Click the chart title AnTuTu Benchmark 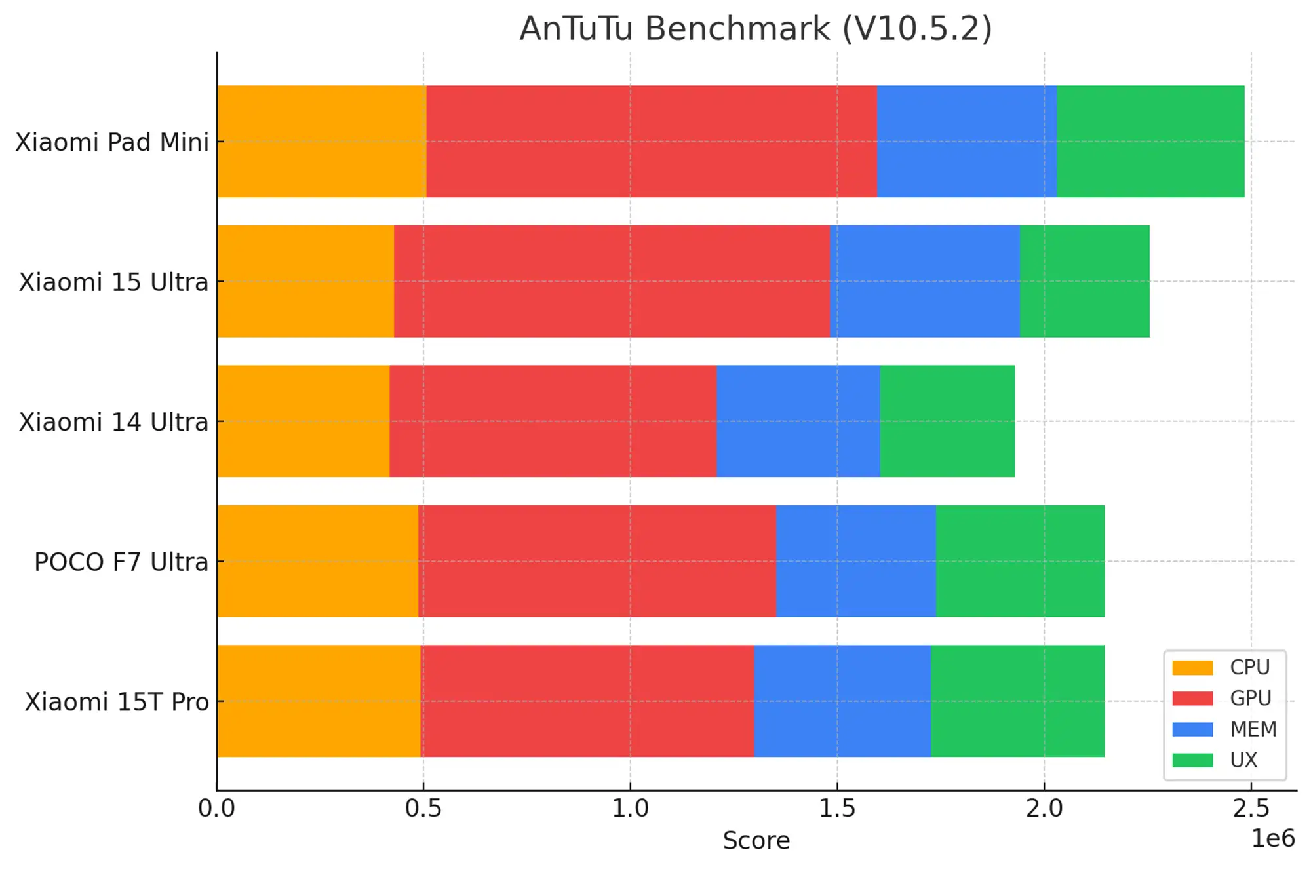pyautogui.click(x=755, y=29)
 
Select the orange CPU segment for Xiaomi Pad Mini pyautogui.click(x=321, y=141)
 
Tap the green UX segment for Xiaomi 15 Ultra pyautogui.click(x=1084, y=281)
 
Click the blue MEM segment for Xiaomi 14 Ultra pyautogui.click(x=798, y=421)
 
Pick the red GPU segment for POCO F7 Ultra pyautogui.click(x=597, y=561)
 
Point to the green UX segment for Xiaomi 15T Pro pyautogui.click(x=1017, y=701)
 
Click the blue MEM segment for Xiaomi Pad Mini pyautogui.click(x=966, y=141)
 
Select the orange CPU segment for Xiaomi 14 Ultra pyautogui.click(x=303, y=421)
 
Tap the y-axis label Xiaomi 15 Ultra pyautogui.click(x=113, y=282)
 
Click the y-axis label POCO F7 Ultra pyautogui.click(x=121, y=562)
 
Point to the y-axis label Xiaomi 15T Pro pyautogui.click(x=117, y=702)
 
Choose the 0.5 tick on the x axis pyautogui.click(x=423, y=809)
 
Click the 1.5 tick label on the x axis pyautogui.click(x=837, y=809)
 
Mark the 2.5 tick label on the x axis pyautogui.click(x=1251, y=809)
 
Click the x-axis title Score pyautogui.click(x=756, y=841)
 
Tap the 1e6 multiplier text pyautogui.click(x=1272, y=839)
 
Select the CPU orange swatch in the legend pyautogui.click(x=1192, y=667)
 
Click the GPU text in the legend pyautogui.click(x=1250, y=698)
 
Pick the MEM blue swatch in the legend pyautogui.click(x=1192, y=729)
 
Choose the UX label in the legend pyautogui.click(x=1243, y=760)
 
